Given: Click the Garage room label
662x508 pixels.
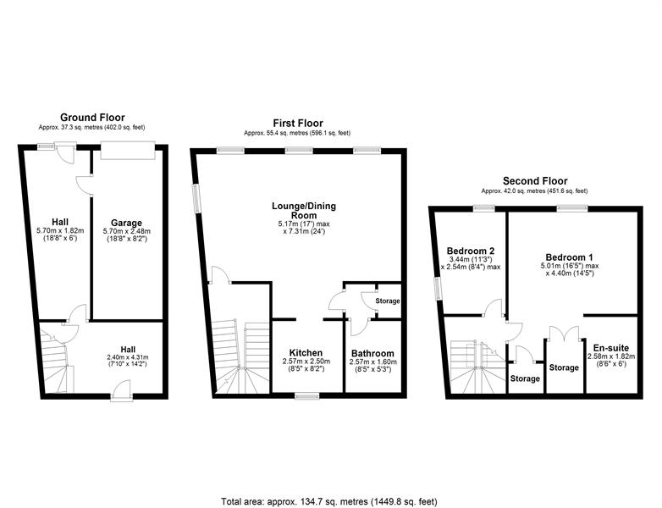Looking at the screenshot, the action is (x=126, y=223).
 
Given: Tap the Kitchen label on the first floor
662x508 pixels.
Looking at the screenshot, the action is (x=306, y=353).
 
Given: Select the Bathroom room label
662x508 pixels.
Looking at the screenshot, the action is (x=372, y=353).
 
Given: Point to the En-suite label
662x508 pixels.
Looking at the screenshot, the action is (x=611, y=348).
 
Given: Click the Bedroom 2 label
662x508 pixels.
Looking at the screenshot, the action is (x=471, y=251).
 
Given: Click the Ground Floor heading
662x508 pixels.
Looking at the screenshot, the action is (x=92, y=118).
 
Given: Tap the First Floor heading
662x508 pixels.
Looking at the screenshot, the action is (x=298, y=124).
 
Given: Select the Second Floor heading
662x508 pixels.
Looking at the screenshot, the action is (x=535, y=181).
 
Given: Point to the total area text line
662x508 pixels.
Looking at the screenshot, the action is (x=329, y=502).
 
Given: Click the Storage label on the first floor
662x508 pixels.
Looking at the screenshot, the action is (x=388, y=301).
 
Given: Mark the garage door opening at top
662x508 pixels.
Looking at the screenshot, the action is (x=128, y=151).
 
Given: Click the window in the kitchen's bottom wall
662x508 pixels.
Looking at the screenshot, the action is (x=307, y=396).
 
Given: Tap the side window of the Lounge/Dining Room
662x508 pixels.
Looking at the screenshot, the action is (x=196, y=198).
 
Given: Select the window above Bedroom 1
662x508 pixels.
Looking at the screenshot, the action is (x=572, y=207).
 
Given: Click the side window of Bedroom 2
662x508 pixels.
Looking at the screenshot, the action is (x=437, y=290).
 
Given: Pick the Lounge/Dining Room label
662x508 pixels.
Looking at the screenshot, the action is (x=304, y=210).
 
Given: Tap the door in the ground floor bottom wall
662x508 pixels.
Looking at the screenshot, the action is (x=122, y=390).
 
